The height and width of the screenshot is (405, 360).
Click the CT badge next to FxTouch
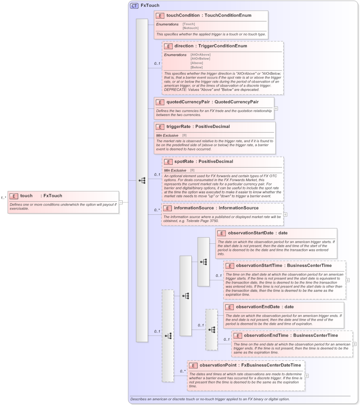tap(135, 6)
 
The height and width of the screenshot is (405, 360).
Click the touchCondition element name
tap(183, 15)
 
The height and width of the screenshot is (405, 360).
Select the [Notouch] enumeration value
tap(191, 28)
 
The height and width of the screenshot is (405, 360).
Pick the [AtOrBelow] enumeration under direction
tap(200, 59)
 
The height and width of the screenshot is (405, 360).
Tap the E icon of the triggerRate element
tap(160, 127)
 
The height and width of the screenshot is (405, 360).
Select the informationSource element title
tap(193, 208)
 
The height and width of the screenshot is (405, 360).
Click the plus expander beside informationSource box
tap(285, 214)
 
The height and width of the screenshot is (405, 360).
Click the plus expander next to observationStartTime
tap(348, 280)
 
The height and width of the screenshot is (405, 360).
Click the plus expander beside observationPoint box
tap(307, 376)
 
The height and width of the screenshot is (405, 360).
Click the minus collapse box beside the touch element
tap(121, 202)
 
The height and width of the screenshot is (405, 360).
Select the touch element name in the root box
tap(27, 196)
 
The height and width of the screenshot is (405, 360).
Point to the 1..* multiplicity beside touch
tap(4, 198)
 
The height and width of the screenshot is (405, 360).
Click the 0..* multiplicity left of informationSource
tap(156, 210)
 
